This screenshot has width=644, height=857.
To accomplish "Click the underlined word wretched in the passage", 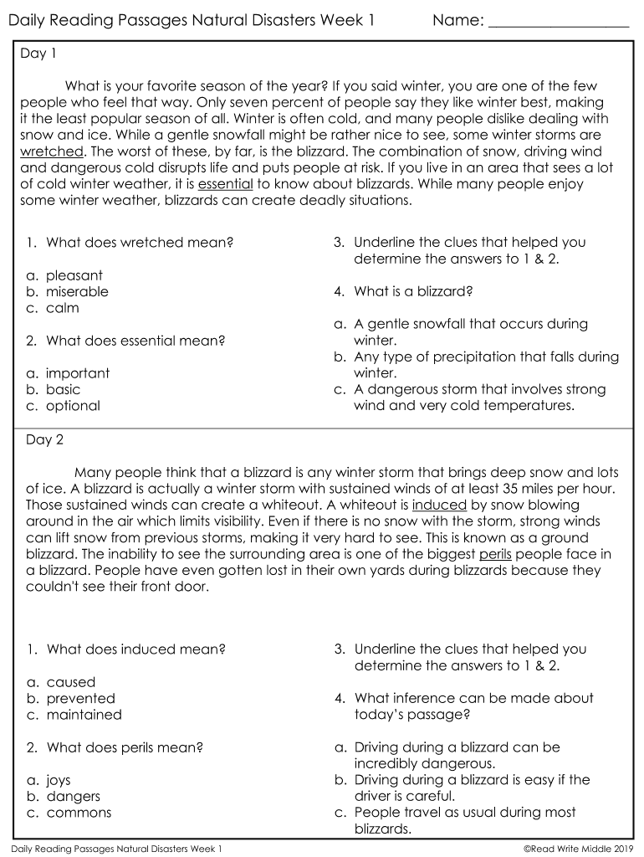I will point(51,151).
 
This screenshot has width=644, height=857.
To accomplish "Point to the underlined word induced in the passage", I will point(439,505).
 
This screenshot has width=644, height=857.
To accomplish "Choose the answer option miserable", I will point(77,292).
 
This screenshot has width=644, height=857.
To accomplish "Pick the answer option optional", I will point(73,406).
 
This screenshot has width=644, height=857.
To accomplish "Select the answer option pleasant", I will point(74,275).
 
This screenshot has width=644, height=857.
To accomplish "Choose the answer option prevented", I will point(80,699).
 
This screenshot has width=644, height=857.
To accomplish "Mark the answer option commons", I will point(79,813).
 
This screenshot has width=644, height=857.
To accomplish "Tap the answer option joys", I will point(59,780).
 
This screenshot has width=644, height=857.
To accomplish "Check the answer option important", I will point(78,373).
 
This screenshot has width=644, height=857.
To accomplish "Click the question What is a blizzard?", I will point(413,292).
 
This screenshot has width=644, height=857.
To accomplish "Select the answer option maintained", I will point(84,715).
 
